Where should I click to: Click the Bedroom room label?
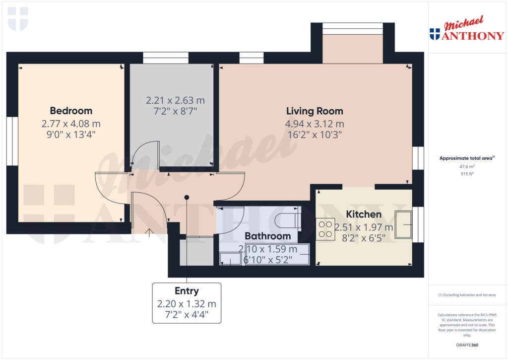[71, 111]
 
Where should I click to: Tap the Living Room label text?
[315, 111]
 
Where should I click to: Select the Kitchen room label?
[364, 215]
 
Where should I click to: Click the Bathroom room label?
[267, 236]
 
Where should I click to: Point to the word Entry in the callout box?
[187, 291]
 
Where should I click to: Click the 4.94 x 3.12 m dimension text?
[315, 124]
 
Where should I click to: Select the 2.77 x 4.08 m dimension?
[71, 124]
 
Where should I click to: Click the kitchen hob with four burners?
[325, 229]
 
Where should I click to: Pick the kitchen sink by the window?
[403, 225]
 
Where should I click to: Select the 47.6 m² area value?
[466, 167]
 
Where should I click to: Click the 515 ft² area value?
[466, 174]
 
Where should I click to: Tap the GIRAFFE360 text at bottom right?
[466, 345]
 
